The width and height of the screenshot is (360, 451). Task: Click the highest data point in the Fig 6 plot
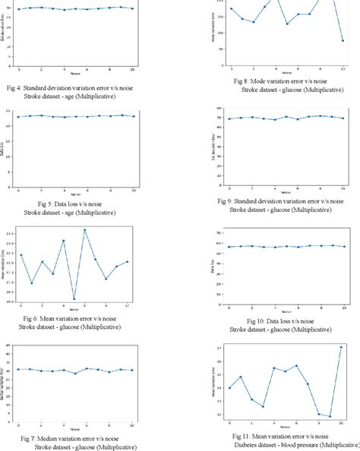(85, 229)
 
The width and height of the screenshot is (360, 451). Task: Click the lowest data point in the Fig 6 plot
(74, 298)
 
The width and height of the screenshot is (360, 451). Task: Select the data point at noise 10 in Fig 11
(341, 347)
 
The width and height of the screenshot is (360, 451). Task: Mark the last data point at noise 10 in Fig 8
(343, 41)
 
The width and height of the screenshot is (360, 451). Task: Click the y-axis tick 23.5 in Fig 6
(8, 234)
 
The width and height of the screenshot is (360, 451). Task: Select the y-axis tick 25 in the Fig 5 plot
(8, 112)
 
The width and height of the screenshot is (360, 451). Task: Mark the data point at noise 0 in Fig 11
(230, 388)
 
